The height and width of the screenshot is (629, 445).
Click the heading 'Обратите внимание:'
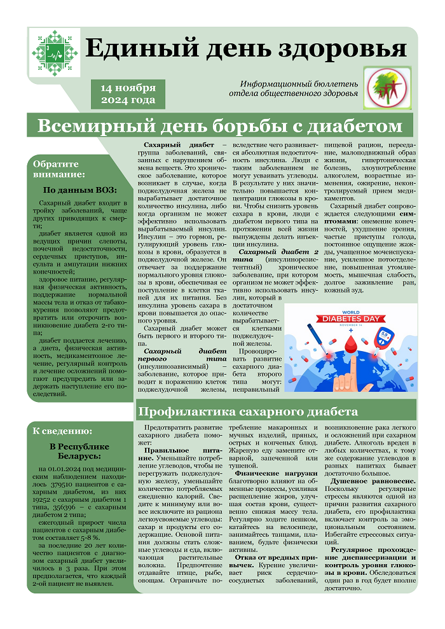pos(58,169)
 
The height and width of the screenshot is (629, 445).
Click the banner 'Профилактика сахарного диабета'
pos(248,411)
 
